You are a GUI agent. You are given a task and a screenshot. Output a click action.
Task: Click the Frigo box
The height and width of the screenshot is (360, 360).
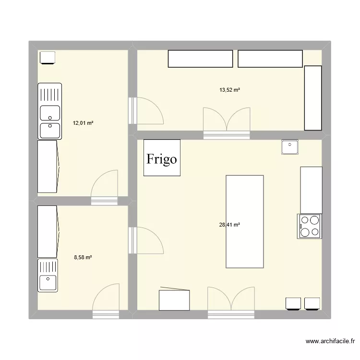click(x=162, y=158)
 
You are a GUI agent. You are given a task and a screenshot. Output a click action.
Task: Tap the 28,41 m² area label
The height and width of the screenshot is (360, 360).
click(x=229, y=224)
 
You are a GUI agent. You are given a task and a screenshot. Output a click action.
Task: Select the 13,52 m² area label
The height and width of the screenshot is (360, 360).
click(x=229, y=90)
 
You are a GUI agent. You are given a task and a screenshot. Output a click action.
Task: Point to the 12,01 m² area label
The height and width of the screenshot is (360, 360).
click(x=83, y=123)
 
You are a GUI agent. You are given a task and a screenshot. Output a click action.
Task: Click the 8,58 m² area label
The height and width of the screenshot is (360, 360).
click(x=83, y=257)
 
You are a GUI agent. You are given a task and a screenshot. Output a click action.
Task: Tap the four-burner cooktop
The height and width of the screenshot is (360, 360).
click(x=310, y=226)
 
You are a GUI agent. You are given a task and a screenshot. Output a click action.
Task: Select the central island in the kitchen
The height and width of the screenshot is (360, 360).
click(x=244, y=221)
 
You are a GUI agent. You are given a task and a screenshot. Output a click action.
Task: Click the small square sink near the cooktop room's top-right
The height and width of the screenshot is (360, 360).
click(x=290, y=146)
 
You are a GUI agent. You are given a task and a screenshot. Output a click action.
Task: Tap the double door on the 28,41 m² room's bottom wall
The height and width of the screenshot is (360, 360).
click(x=231, y=302)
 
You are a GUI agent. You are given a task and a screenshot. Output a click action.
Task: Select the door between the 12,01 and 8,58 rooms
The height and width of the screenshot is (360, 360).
click(x=104, y=187)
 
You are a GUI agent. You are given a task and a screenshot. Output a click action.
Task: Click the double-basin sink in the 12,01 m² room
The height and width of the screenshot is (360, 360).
click(x=50, y=111)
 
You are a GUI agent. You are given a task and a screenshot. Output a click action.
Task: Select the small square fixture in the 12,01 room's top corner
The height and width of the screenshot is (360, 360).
click(x=48, y=58)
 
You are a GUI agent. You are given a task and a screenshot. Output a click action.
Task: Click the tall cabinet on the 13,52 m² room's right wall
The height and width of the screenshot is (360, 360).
click(x=312, y=98)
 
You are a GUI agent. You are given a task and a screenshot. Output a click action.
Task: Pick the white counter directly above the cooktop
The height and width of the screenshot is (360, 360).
click(x=311, y=190)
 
